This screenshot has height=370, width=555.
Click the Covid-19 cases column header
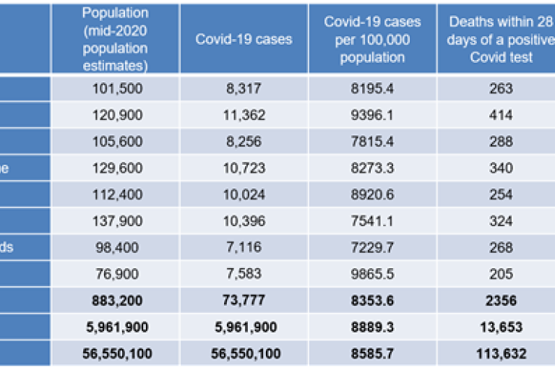coord(244,39)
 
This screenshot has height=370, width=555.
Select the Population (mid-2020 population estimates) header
coord(115,39)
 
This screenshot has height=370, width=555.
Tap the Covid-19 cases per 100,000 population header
coord(372,39)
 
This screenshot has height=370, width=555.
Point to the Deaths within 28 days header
coord(500,39)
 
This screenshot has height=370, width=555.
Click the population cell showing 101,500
coord(115,89)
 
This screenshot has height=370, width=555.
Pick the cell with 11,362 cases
coord(244,115)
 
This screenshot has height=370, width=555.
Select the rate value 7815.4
coord(372,142)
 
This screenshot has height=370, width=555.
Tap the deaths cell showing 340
coord(500,168)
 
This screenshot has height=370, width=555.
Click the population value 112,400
coord(115,194)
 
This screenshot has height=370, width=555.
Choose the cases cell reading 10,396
coord(244,221)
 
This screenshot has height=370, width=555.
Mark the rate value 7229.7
coord(372,247)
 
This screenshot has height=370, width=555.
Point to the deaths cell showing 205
coord(500,274)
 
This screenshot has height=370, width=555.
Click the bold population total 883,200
coord(115,301)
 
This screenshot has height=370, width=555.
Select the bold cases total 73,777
coord(244,301)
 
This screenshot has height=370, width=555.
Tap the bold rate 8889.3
coord(372,327)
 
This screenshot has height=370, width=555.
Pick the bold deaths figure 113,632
coord(500,353)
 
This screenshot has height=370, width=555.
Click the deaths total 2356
coord(500,301)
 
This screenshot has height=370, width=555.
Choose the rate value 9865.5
coord(372,274)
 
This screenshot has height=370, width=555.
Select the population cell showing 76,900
coord(115,274)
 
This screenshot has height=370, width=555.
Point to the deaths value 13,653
coord(500,327)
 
